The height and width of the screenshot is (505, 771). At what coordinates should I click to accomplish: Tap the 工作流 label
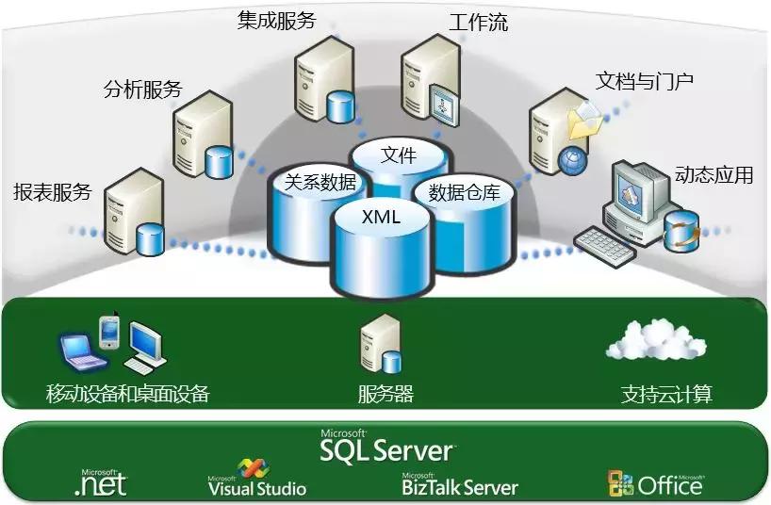479,22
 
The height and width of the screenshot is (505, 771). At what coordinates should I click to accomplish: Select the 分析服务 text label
142,90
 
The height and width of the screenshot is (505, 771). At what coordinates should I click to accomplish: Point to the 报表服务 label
53,192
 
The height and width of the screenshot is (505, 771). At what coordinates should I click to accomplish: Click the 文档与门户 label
645,81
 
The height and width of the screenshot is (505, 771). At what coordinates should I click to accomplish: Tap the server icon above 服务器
380,345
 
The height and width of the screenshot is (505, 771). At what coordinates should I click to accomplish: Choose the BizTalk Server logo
459,484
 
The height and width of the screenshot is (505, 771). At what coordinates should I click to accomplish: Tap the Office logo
656,483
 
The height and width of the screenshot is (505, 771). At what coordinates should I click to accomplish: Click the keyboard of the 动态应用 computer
605,244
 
